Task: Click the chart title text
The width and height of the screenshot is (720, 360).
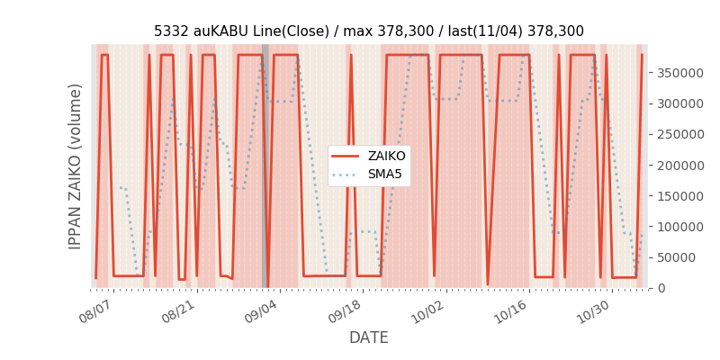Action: click(368, 31)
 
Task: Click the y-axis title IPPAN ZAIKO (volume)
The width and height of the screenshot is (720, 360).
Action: click(76, 166)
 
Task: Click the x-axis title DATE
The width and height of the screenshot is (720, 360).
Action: click(368, 337)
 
